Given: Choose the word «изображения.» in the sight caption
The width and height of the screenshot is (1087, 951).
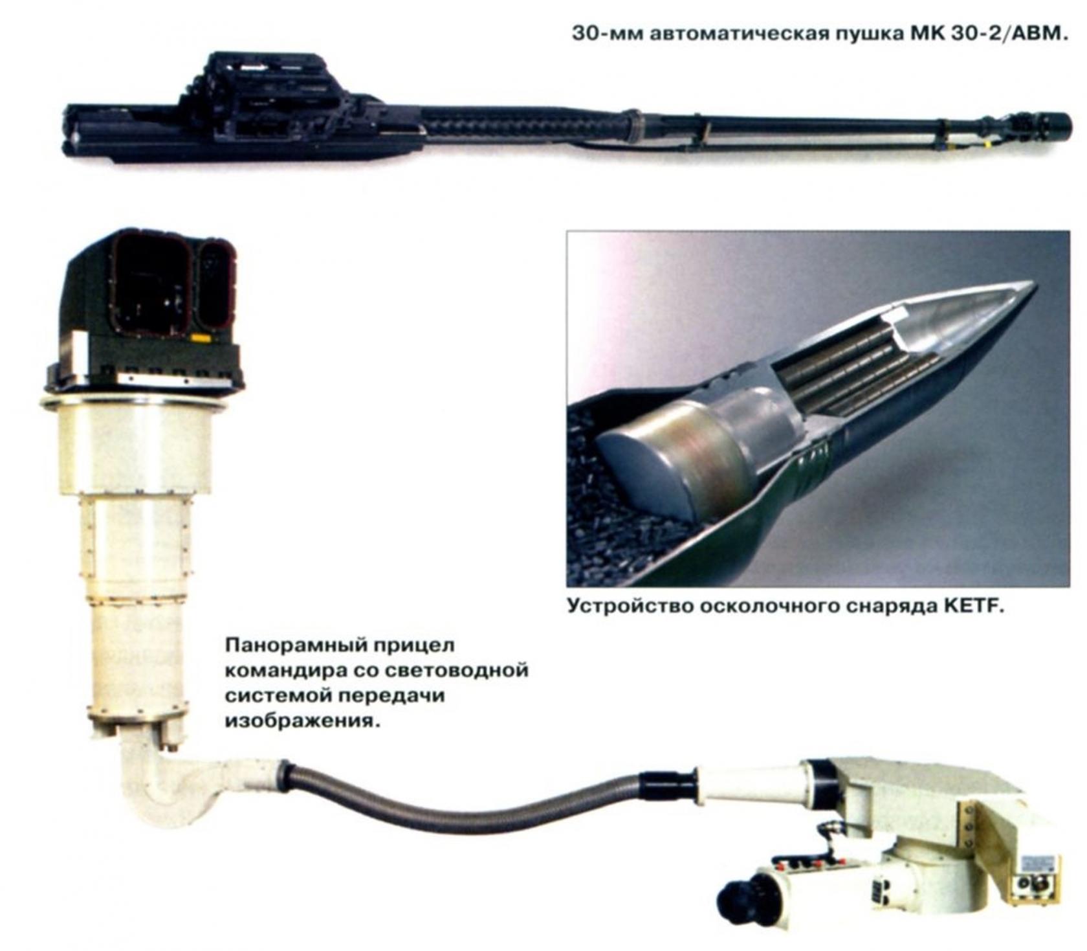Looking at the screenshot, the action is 300,720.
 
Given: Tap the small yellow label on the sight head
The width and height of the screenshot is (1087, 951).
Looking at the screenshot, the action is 200,337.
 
